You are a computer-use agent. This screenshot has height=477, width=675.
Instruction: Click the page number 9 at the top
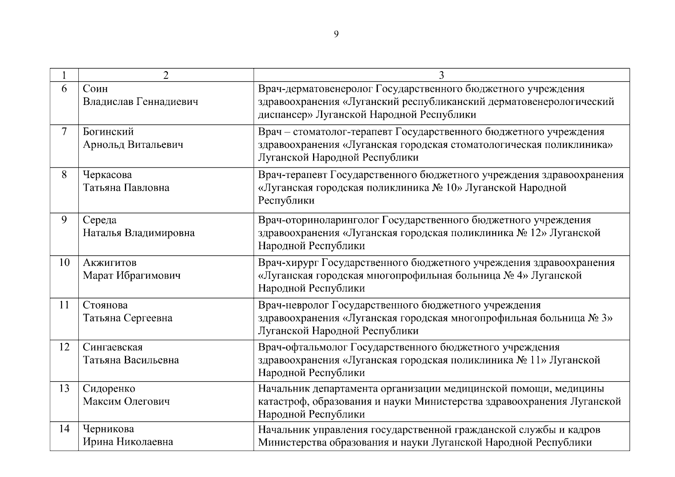[336, 34]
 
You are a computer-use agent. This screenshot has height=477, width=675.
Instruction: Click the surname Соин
[95, 89]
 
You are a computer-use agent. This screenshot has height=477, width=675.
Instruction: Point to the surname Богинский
[108, 132]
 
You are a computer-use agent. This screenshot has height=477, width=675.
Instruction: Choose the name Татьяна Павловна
[126, 188]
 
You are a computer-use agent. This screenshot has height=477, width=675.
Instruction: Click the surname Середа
[99, 220]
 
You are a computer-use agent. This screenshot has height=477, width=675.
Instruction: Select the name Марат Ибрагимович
[131, 275]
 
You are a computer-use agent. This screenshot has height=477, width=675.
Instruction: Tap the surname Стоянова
[105, 305]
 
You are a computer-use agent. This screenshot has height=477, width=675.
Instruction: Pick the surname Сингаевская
[113, 347]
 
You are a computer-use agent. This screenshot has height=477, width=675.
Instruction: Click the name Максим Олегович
[126, 401]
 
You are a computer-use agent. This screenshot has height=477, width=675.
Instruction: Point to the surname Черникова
[108, 429]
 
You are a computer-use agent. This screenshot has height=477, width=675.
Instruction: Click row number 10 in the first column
[64, 262]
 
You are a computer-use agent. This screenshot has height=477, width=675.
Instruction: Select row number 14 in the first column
[64, 429]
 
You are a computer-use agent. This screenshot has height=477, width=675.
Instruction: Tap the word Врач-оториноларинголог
[319, 220]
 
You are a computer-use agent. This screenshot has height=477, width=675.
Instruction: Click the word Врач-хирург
[288, 263]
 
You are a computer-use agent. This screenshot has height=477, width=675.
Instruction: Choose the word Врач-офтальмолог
[303, 347]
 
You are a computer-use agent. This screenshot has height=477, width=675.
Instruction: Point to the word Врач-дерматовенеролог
[315, 89]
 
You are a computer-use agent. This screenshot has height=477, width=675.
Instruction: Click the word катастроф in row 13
[281, 401]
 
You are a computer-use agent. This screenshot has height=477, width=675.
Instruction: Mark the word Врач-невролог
[293, 305]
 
